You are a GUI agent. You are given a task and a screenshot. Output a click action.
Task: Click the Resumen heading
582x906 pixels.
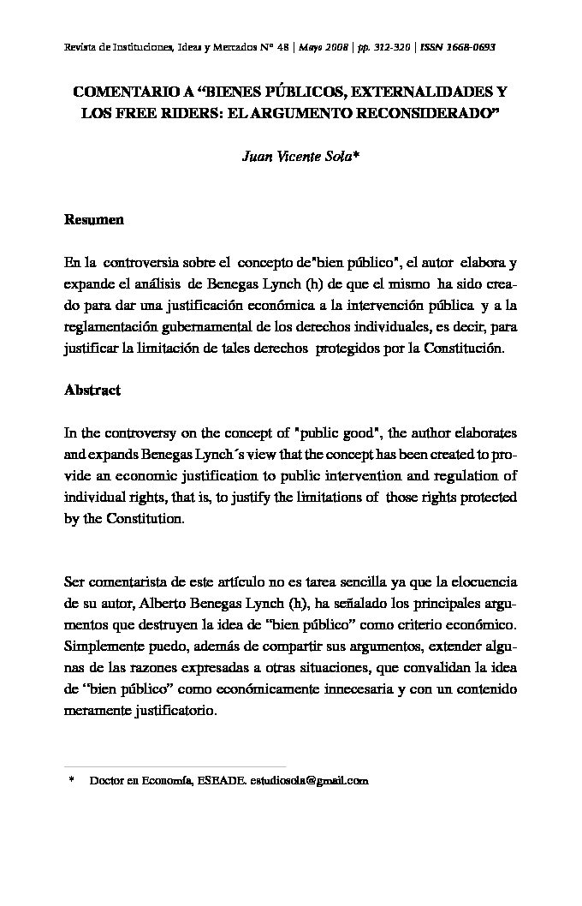click(94, 220)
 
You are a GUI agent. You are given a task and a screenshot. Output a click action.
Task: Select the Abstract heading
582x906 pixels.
click(92, 390)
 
